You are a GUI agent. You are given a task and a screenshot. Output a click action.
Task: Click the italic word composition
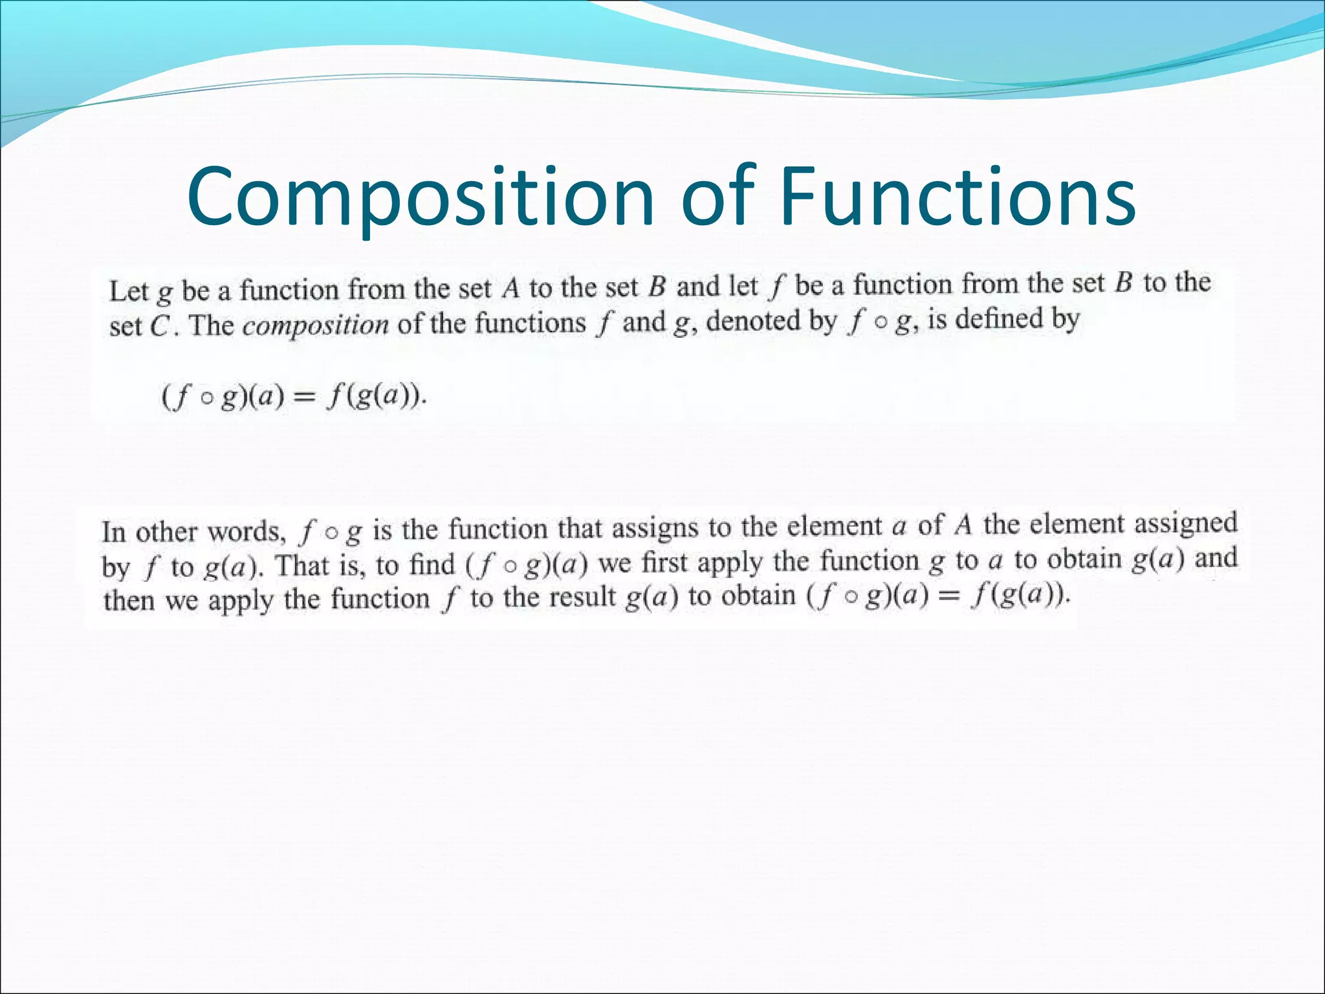(x=315, y=326)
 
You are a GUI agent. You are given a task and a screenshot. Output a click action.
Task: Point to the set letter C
(x=159, y=326)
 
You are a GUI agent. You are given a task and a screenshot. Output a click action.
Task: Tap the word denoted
(x=747, y=321)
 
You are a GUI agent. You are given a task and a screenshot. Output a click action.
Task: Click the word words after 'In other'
(x=246, y=532)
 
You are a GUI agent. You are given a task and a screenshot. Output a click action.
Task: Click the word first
(x=664, y=562)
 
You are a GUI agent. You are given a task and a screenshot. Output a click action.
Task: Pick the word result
(x=579, y=597)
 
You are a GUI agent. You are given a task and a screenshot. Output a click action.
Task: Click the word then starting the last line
(x=129, y=601)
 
